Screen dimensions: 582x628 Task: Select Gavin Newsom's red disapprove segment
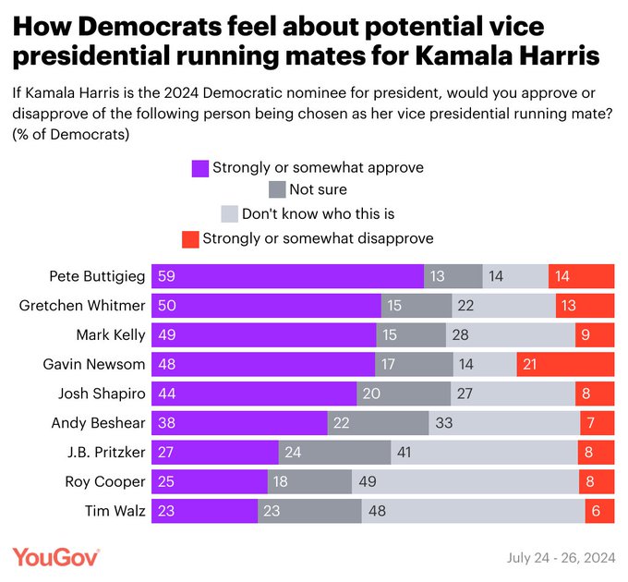[565, 364]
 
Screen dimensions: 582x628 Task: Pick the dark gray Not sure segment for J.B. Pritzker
[334, 452]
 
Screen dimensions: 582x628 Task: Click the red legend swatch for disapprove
[189, 239]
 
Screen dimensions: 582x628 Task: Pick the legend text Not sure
[318, 190]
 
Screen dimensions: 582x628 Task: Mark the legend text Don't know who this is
[318, 214]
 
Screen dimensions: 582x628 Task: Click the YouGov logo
[56, 556]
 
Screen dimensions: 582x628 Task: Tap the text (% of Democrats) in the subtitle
[70, 135]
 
